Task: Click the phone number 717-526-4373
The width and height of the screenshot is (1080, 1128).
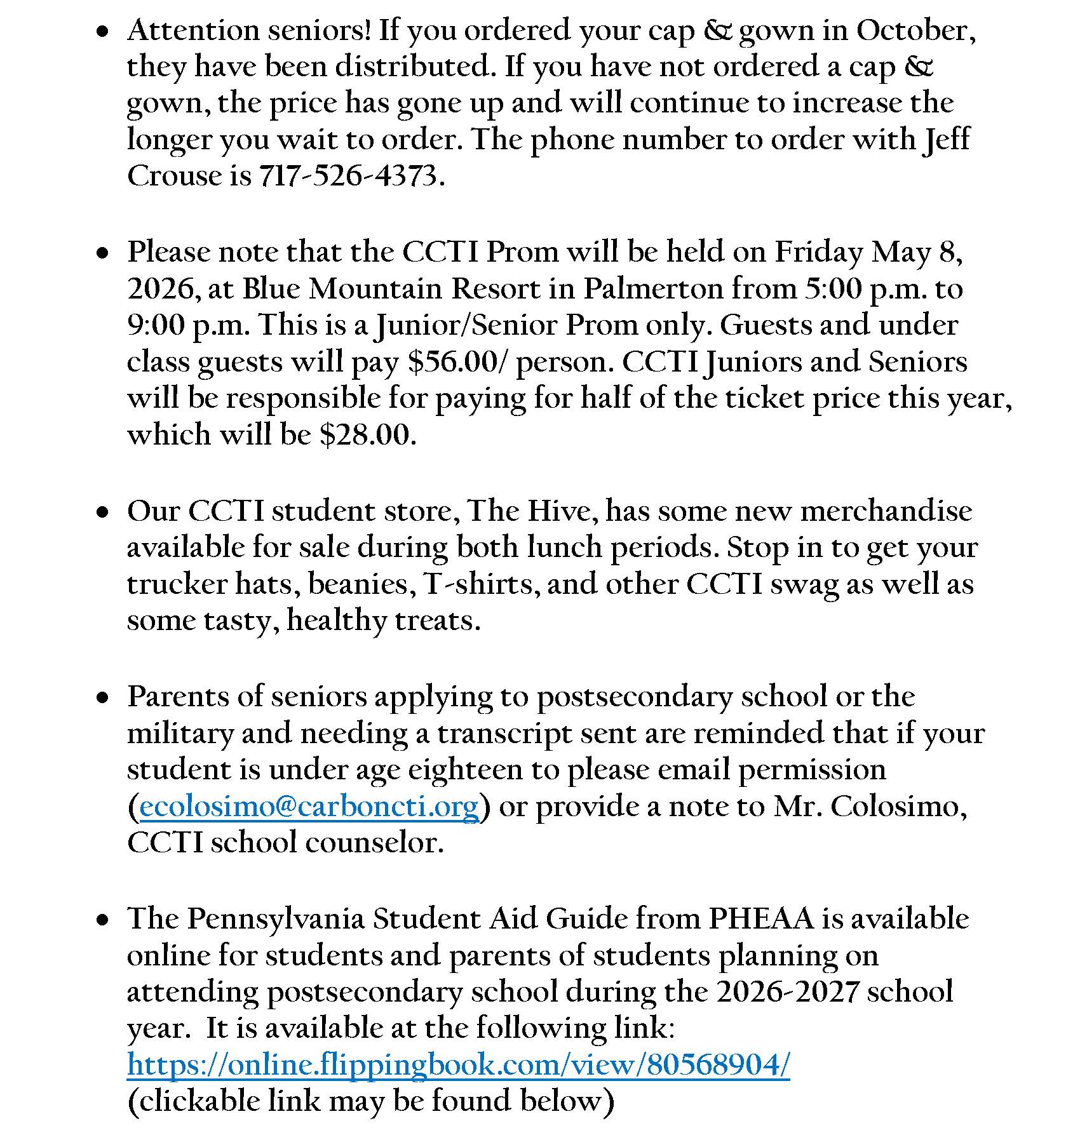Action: tap(348, 176)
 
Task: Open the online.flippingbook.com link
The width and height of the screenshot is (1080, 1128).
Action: tap(458, 1064)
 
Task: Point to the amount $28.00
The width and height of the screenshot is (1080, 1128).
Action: tap(367, 435)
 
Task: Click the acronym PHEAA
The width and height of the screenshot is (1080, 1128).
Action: tap(761, 918)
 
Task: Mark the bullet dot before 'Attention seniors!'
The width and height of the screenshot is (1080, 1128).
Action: tap(102, 30)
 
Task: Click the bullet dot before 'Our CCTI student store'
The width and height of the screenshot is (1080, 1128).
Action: tap(102, 511)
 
